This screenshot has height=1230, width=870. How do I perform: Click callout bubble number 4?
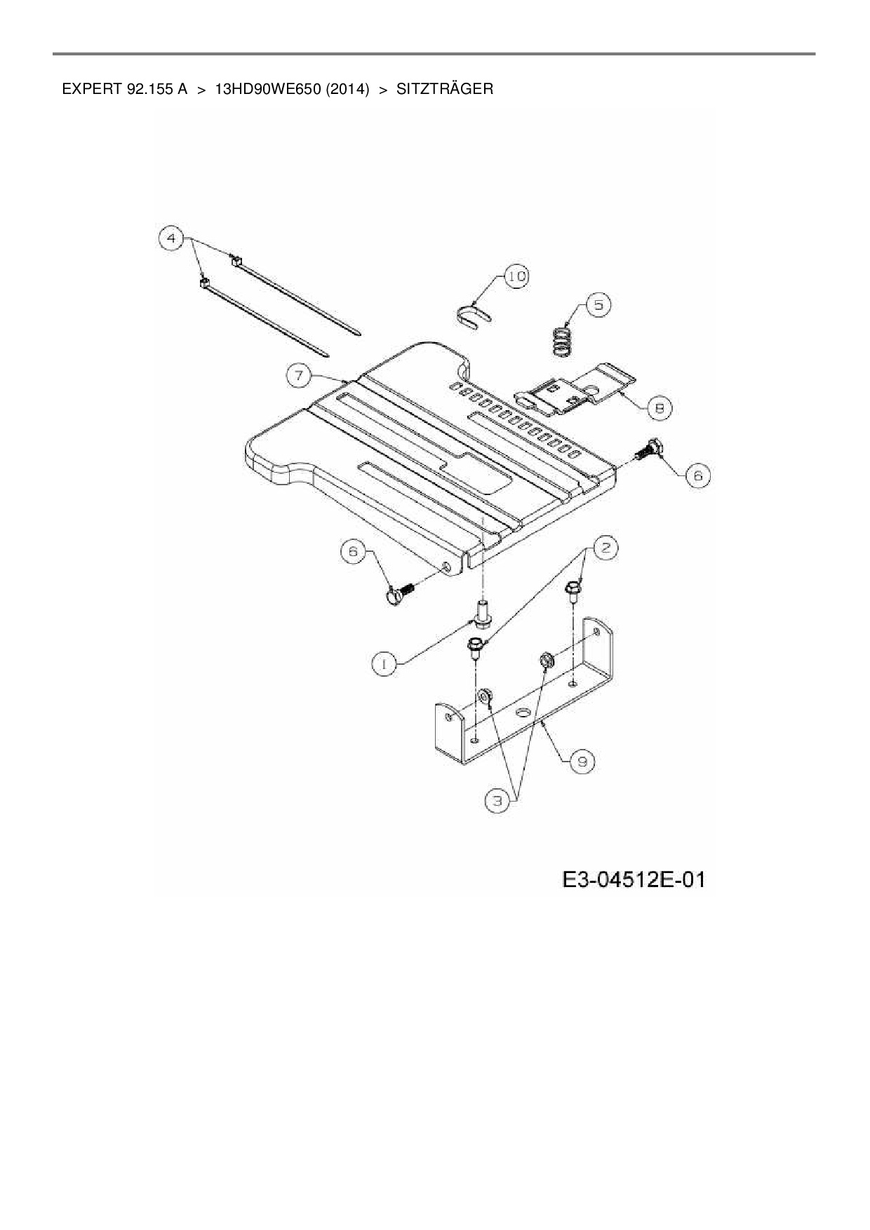170,238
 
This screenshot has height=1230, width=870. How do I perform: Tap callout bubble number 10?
516,276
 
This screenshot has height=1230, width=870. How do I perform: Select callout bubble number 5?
598,305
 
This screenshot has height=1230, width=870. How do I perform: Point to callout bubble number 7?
299,375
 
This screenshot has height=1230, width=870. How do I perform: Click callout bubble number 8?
659,407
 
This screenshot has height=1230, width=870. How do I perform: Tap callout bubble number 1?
384,663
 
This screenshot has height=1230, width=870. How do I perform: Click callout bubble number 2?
606,548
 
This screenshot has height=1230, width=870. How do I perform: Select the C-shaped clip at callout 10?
472,315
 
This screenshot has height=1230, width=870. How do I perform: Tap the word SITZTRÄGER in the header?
444,89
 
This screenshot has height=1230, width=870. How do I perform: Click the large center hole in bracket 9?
522,712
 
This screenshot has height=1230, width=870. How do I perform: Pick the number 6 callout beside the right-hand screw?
698,476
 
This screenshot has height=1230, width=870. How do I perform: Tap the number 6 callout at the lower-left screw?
353,552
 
